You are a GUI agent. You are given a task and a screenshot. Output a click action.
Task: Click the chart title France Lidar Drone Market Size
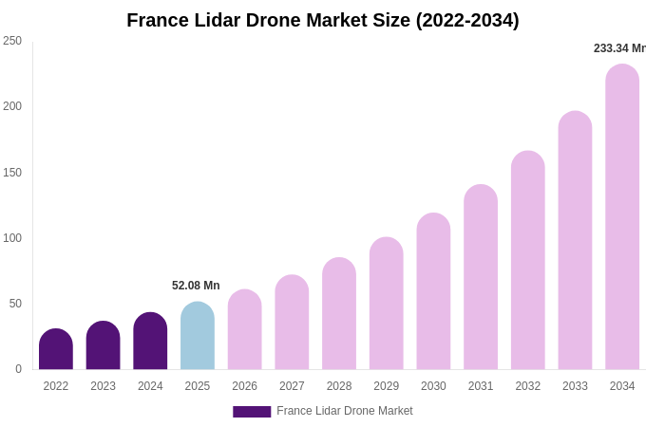click(323, 20)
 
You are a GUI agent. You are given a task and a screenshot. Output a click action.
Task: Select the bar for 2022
click(56, 350)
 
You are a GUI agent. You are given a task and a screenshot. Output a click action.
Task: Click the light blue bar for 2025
click(198, 337)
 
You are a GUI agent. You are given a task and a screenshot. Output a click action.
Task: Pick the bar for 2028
click(339, 315)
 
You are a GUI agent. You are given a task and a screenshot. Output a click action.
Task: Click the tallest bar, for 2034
click(622, 218)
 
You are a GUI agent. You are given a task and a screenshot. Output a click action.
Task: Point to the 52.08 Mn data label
click(196, 286)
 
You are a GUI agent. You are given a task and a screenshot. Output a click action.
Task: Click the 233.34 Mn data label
click(618, 48)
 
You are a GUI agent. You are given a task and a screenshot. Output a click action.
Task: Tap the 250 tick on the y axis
click(12, 41)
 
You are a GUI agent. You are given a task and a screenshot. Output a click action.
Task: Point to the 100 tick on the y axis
click(12, 238)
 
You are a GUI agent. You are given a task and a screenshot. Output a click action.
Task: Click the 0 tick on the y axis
click(18, 369)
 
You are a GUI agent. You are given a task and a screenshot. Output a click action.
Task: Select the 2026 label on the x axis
click(245, 386)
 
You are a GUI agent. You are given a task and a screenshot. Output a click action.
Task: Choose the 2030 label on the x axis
click(433, 386)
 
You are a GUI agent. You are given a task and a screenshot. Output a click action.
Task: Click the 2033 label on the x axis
click(575, 386)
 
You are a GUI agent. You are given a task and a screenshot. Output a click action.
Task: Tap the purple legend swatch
click(252, 412)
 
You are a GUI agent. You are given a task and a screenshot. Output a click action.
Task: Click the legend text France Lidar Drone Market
click(345, 411)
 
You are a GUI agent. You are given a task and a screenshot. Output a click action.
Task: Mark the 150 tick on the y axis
click(12, 173)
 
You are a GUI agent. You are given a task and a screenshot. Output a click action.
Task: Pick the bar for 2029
click(387, 305)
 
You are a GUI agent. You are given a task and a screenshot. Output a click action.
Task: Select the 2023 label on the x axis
click(104, 386)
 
